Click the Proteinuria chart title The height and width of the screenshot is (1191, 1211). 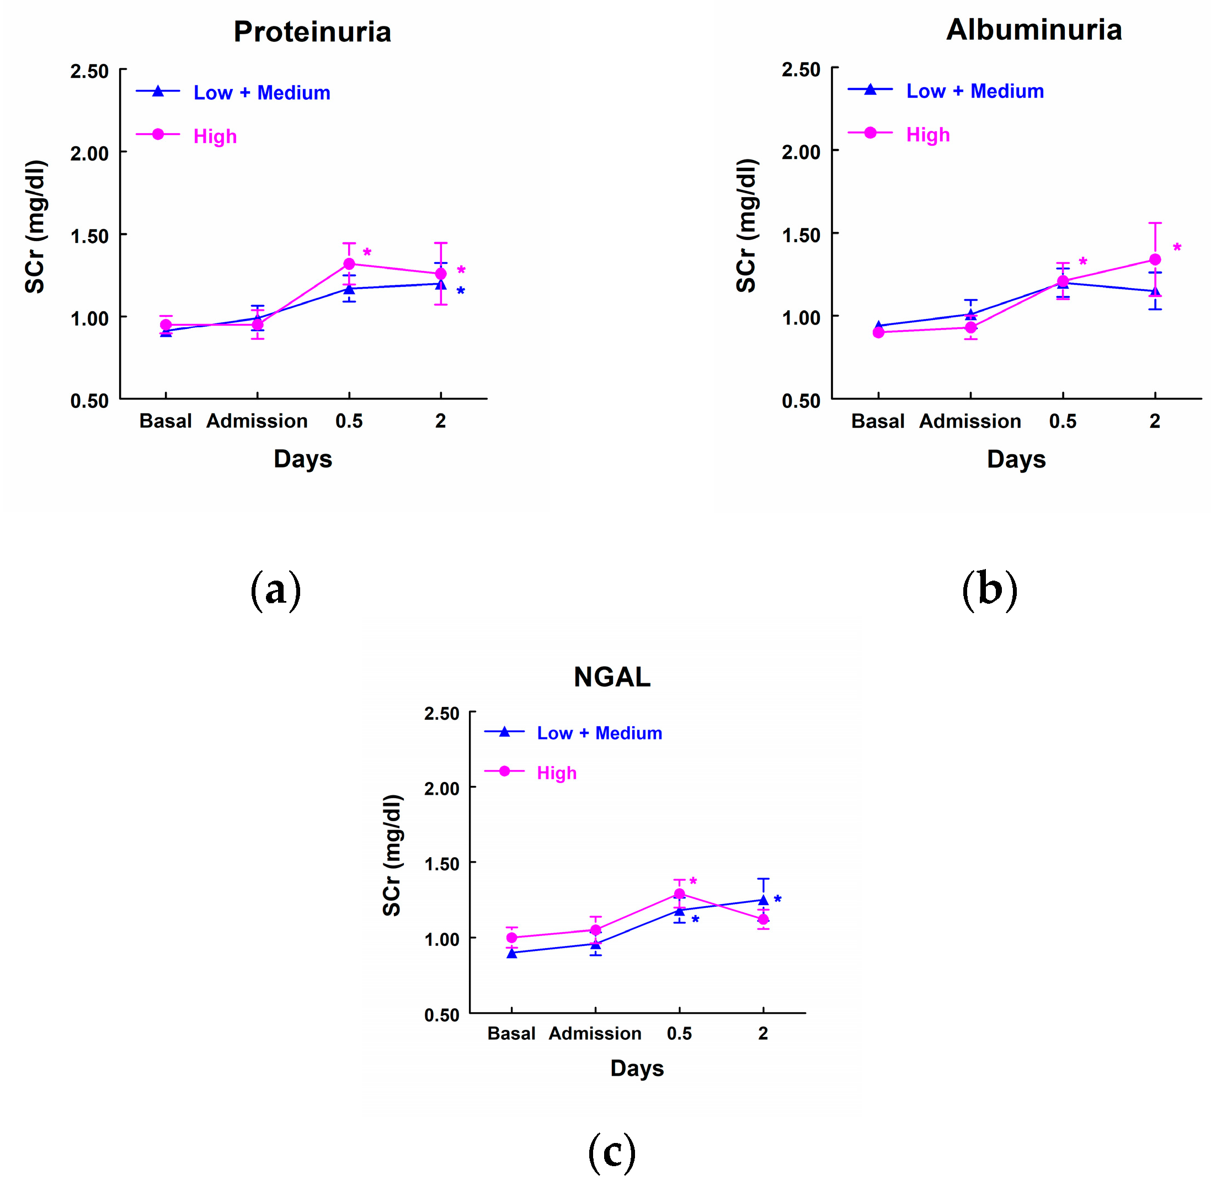point(312,32)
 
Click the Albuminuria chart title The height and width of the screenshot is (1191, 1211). point(1033,30)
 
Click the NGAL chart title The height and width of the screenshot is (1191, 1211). point(611,677)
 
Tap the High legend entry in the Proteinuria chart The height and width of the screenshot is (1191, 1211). point(215,136)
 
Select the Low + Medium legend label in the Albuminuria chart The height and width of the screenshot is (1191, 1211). point(975,91)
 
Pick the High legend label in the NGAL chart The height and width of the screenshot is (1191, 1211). point(557,773)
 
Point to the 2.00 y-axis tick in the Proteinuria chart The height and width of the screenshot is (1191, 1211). point(89,153)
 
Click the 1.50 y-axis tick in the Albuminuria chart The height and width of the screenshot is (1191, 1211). point(801,235)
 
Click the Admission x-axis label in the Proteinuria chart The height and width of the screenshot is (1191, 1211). point(257,421)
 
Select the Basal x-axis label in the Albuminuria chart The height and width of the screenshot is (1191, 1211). point(877,421)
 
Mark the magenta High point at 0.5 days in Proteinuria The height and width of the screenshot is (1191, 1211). point(349,264)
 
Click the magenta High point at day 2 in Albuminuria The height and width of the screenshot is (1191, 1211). point(1155,259)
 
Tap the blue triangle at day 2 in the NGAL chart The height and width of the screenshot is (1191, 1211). point(762,900)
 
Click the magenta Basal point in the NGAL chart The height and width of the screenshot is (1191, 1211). point(511,938)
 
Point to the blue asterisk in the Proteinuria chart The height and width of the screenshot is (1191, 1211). point(461,291)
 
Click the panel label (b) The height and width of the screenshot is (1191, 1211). point(989,590)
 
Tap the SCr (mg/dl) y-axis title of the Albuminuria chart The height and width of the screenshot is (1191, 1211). point(746,226)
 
